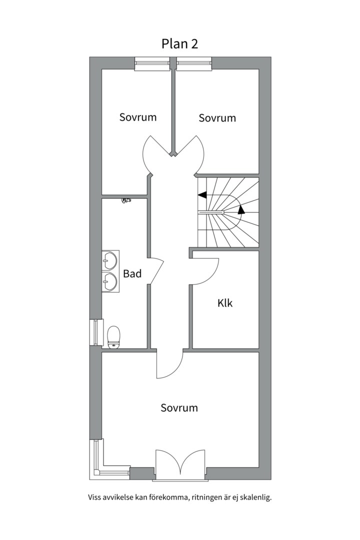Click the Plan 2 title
(x=179, y=43)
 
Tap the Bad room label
(x=132, y=273)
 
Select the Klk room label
(x=225, y=303)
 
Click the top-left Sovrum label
(x=137, y=117)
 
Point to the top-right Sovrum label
(x=217, y=118)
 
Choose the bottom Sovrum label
(x=179, y=407)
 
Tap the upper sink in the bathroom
(x=109, y=259)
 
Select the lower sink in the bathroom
(x=109, y=282)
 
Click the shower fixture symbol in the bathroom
(x=126, y=200)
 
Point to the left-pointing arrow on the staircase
(x=202, y=194)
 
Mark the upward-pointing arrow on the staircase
(x=241, y=209)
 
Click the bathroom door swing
(x=155, y=270)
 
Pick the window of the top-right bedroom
(x=194, y=63)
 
